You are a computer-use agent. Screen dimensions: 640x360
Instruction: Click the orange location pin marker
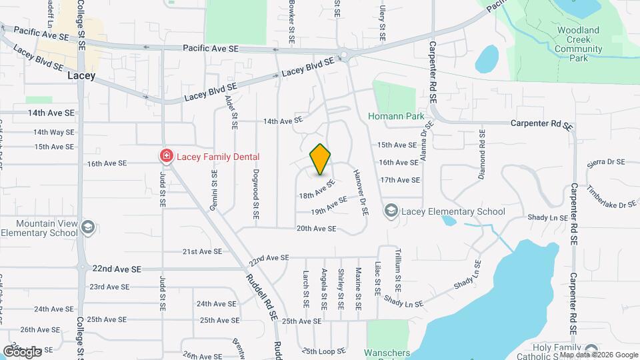point(321,159)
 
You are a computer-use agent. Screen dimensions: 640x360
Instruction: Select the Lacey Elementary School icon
point(390,211)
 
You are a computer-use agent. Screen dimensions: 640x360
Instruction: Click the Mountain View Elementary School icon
point(87,228)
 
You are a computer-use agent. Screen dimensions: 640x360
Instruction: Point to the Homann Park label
point(396,116)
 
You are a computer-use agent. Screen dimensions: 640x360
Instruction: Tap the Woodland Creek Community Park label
point(578,44)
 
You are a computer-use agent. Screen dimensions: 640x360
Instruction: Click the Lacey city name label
point(82,76)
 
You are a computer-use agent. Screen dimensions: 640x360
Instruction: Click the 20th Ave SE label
point(316,229)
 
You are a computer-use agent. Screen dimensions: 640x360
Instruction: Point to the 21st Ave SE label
point(202,251)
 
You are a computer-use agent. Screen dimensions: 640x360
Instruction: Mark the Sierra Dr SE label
point(605,162)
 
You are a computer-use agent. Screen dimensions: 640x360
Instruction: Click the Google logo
point(22,351)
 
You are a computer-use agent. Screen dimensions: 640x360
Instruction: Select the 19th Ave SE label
point(329,205)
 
